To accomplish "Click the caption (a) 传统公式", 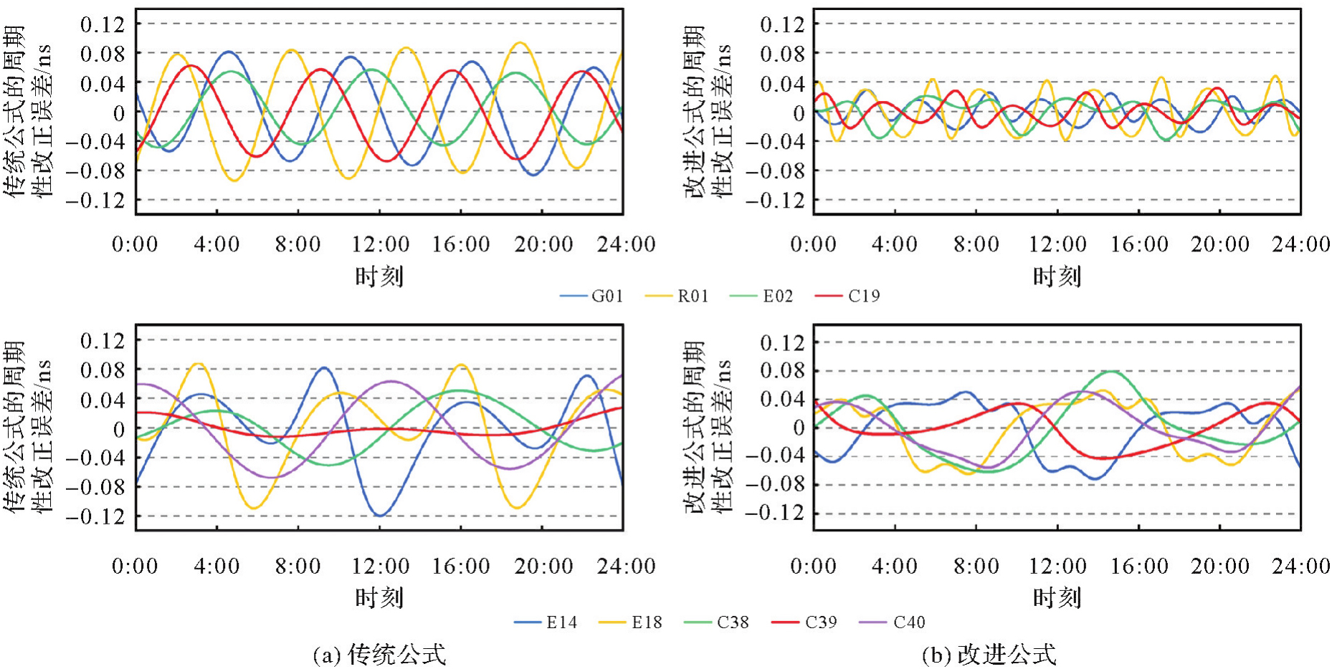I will pos(380,655).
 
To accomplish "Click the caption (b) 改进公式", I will pos(989,655).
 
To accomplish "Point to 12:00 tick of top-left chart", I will pos(380,244).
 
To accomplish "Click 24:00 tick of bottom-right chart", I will pos(1301,567).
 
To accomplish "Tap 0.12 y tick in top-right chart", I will pos(783,24).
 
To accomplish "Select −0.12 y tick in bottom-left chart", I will pos(95,516).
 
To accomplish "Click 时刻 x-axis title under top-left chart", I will pos(380,276).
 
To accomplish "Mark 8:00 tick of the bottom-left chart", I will pos(298,567).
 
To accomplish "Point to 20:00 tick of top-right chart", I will pos(1220,244).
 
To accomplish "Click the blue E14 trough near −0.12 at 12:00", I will pos(380,515).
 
